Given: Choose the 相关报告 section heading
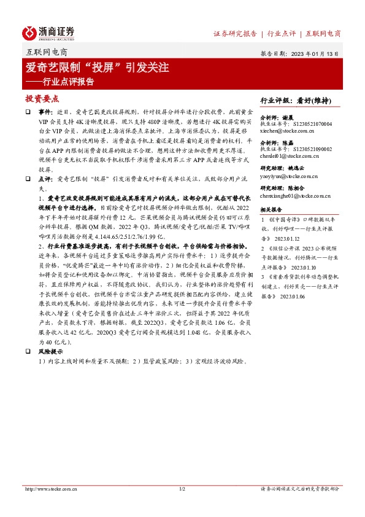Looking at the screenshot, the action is pyautogui.click(x=271, y=209).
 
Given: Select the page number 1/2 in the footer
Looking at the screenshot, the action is pyautogui.click(x=182, y=489).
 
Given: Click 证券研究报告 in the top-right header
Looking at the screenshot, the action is pyautogui.click(x=234, y=34).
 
